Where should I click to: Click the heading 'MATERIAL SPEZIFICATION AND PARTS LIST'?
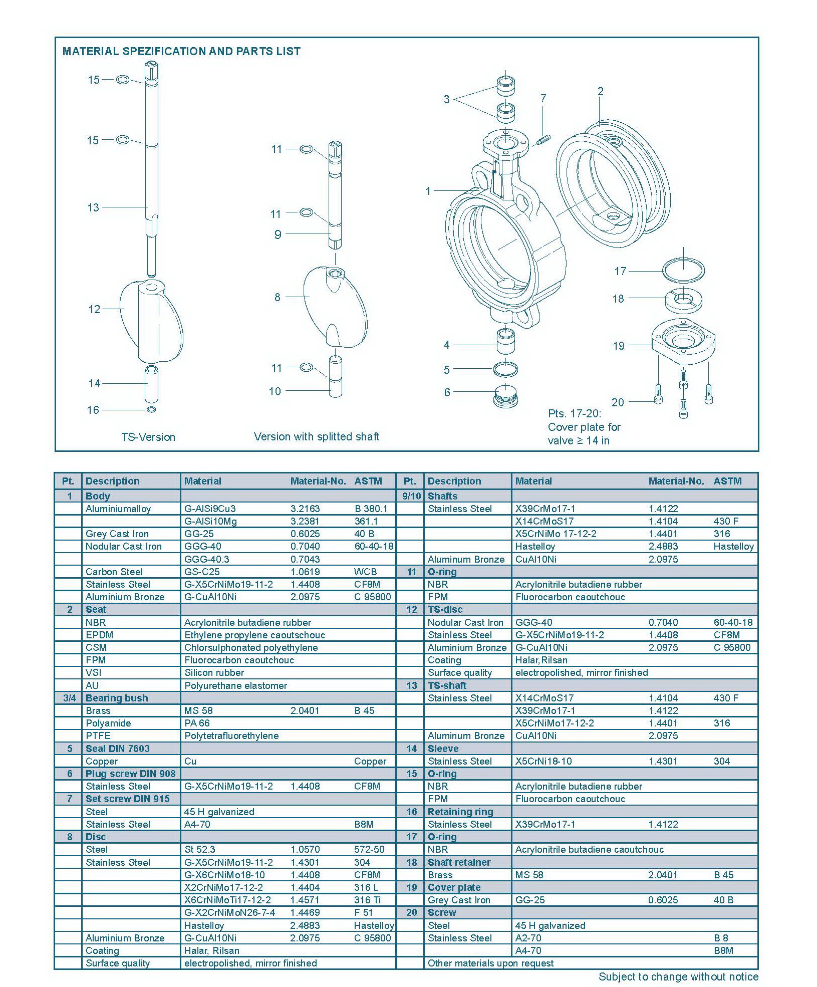tap(181, 51)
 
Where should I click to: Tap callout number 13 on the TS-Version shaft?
tap(93, 207)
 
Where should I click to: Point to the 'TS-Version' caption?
tap(148, 437)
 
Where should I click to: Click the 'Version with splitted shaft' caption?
tap(317, 436)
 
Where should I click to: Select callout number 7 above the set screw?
tap(543, 98)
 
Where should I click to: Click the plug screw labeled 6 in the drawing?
tap(506, 396)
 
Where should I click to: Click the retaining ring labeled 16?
tap(151, 410)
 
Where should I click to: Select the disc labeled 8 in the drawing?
tap(335, 307)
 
